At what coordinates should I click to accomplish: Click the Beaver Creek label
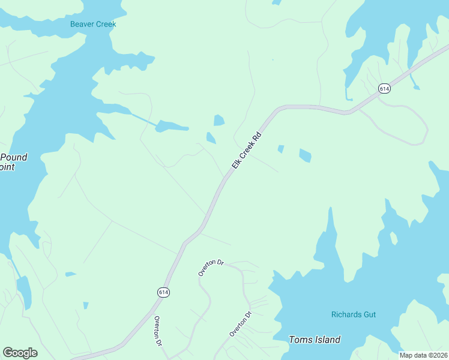click(x=93, y=25)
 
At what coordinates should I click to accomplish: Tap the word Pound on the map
click(x=14, y=157)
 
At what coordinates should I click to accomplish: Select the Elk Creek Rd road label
click(x=247, y=150)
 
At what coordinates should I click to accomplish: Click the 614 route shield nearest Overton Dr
click(x=164, y=292)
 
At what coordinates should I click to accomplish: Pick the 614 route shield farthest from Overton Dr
click(x=384, y=89)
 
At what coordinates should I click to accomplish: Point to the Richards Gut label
click(x=354, y=314)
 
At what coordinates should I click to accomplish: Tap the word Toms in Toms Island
click(x=300, y=340)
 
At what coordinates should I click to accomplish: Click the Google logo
click(x=20, y=353)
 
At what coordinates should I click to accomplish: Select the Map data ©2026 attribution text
click(x=423, y=355)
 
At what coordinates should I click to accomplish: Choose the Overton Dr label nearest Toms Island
click(x=240, y=323)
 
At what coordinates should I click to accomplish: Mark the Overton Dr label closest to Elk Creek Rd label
click(x=211, y=268)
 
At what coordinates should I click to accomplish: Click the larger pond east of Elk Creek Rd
click(x=305, y=155)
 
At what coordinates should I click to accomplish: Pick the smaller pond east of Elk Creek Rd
click(x=280, y=148)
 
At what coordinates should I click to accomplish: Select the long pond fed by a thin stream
click(x=171, y=126)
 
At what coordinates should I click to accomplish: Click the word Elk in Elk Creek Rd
click(x=237, y=164)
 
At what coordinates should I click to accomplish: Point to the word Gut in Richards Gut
click(x=369, y=314)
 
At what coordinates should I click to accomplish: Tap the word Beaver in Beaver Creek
click(x=82, y=25)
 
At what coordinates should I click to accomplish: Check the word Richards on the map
click(x=346, y=314)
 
